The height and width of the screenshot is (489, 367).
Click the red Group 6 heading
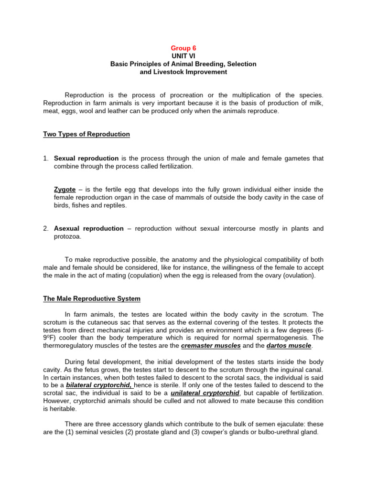(183, 48)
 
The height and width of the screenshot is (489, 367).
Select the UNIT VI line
(183, 56)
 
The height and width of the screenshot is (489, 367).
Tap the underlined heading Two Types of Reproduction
(86, 134)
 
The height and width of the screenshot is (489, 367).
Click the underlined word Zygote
(65, 190)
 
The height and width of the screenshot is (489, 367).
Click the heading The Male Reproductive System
(92, 299)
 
